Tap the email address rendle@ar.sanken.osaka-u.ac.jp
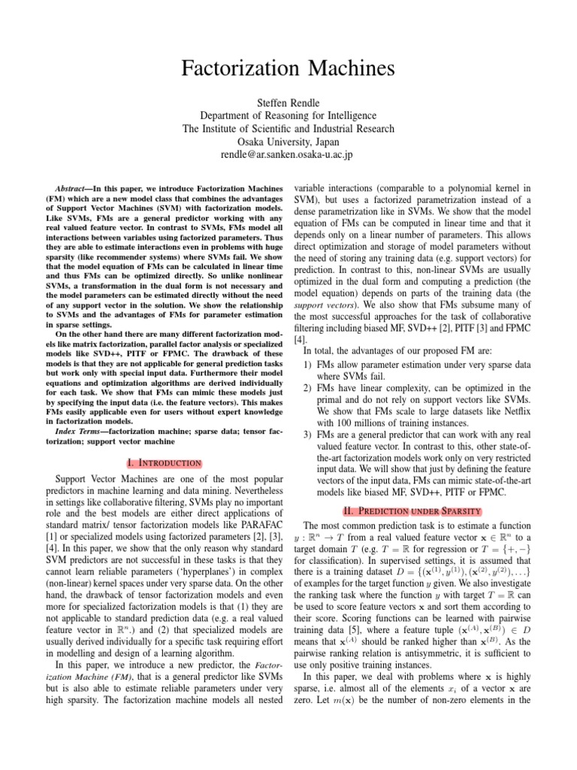tap(288, 155)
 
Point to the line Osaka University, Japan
tap(288, 141)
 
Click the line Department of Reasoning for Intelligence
tap(288, 115)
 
